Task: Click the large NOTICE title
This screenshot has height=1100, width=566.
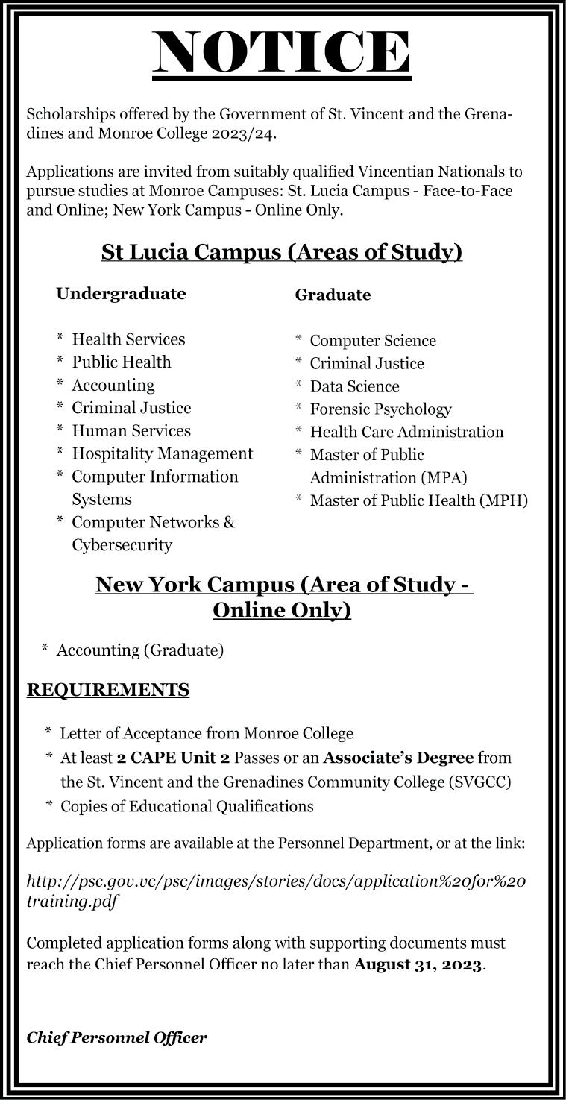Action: [282, 51]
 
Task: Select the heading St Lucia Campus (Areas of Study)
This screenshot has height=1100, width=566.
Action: [282, 253]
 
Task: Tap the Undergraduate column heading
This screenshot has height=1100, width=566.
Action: [121, 294]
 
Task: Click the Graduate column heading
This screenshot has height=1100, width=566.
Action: [333, 295]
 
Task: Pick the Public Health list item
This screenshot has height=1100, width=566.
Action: [121, 362]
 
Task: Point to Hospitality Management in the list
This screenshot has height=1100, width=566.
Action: [162, 454]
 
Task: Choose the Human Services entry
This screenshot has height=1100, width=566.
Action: [131, 431]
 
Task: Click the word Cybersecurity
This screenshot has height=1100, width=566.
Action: [122, 545]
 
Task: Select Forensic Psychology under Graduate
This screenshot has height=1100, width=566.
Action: [380, 409]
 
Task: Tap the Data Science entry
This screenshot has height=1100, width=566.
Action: [354, 386]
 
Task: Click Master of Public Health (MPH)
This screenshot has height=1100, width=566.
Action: [418, 500]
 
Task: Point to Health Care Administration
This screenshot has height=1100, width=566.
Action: [406, 432]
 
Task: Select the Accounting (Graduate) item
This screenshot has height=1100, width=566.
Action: [140, 650]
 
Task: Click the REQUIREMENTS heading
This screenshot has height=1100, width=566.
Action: [108, 690]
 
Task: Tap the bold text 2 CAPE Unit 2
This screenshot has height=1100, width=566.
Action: [173, 758]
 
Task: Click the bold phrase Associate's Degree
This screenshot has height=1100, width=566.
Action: [398, 758]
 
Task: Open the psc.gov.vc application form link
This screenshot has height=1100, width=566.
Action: [276, 890]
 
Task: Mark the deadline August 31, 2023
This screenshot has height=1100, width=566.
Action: [418, 964]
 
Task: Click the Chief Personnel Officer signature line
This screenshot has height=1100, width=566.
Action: [117, 1037]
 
